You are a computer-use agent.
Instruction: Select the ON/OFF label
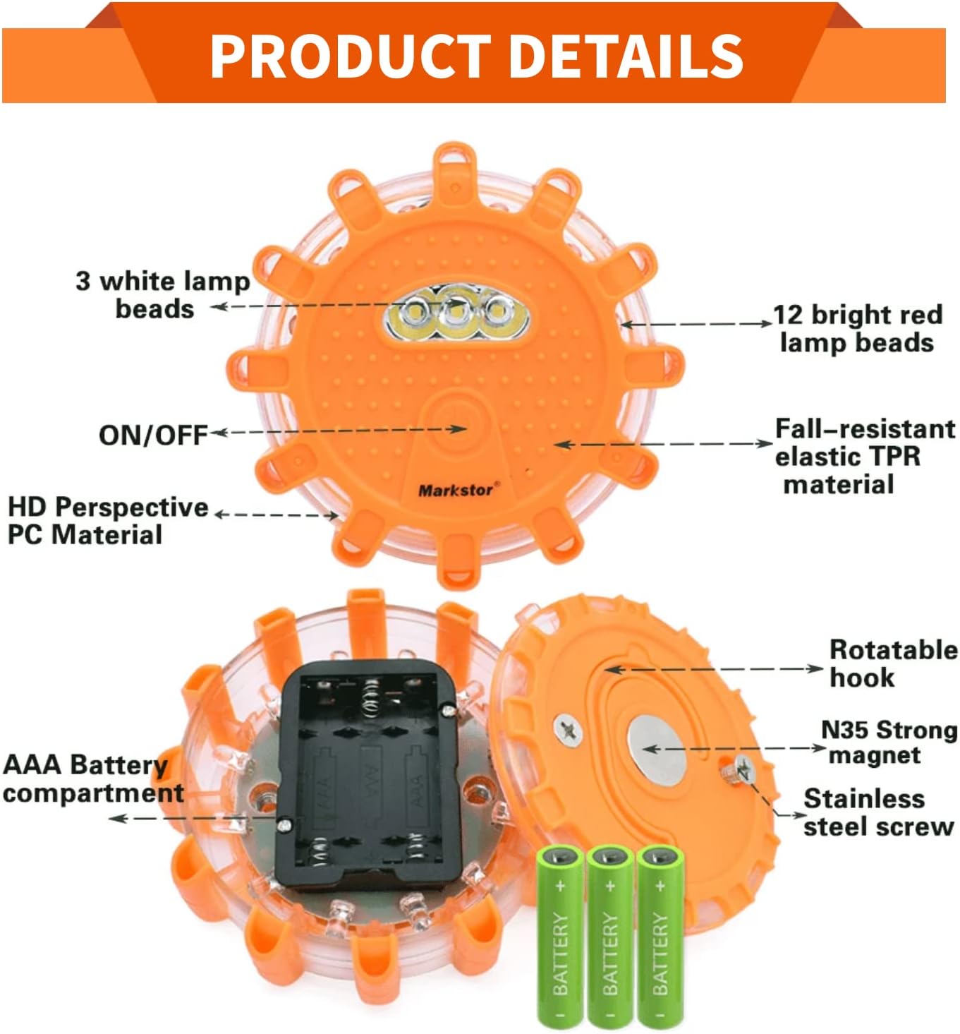tap(153, 435)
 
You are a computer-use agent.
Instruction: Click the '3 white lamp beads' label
tap(162, 295)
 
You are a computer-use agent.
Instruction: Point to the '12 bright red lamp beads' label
tap(858, 328)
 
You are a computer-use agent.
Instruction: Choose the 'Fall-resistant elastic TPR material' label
tap(864, 457)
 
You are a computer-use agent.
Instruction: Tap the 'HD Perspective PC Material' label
tap(107, 521)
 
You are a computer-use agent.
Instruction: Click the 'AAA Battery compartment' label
tap(92, 778)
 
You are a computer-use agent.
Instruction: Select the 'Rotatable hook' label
tap(893, 663)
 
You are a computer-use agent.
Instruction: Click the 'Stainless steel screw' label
tap(877, 812)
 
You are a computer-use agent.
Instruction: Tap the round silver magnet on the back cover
tap(656, 749)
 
